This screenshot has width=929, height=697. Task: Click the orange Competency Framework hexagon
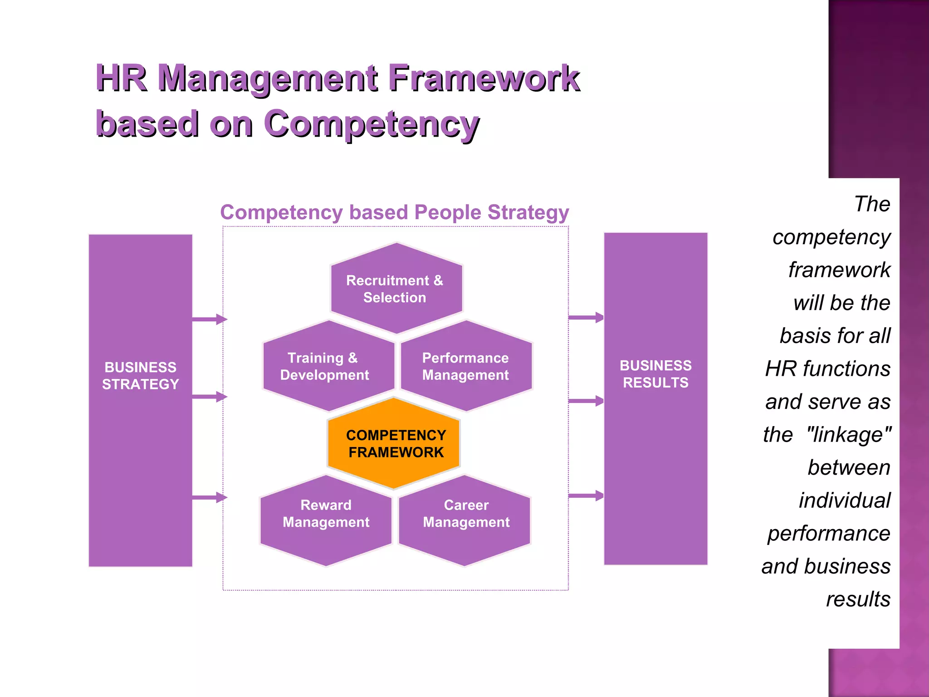click(x=394, y=444)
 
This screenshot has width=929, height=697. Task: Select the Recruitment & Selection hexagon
click(x=396, y=289)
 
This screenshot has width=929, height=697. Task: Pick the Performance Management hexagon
click(x=466, y=366)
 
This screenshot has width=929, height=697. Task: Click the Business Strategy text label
click(x=140, y=376)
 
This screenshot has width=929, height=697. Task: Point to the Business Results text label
click(x=655, y=374)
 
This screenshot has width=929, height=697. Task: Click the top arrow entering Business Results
click(x=586, y=317)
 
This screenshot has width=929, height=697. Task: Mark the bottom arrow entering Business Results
click(x=586, y=496)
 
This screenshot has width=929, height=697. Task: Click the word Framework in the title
click(x=484, y=79)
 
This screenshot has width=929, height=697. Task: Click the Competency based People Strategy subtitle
click(x=394, y=212)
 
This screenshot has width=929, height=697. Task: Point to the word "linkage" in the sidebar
click(x=849, y=435)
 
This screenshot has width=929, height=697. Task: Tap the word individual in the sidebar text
click(x=844, y=501)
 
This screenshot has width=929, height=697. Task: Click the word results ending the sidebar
click(x=858, y=599)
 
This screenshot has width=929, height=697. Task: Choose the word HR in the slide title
click(x=121, y=79)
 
